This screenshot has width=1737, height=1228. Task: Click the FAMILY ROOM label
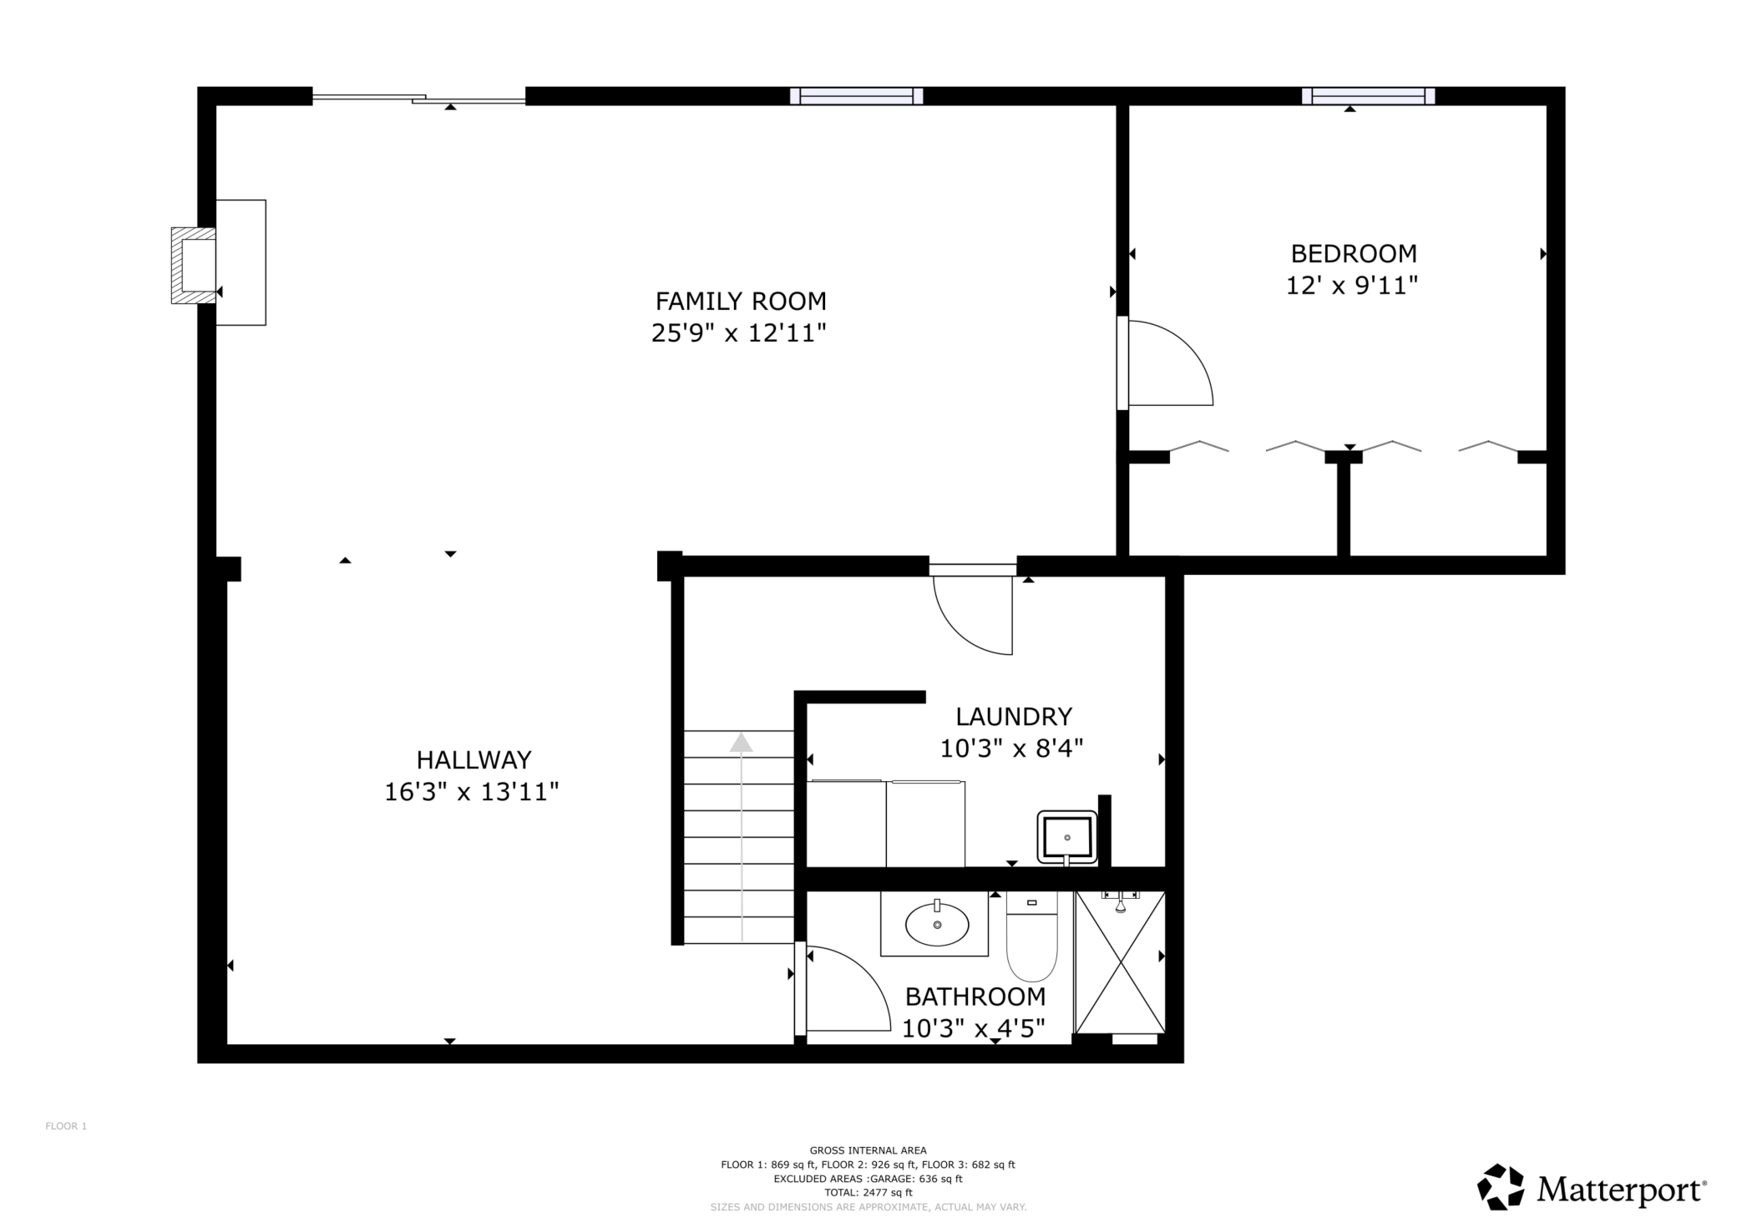(741, 301)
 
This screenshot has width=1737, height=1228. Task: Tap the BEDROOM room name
(1354, 253)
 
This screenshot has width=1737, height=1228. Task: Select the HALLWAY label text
(473, 759)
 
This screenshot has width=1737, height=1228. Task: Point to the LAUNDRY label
(1014, 716)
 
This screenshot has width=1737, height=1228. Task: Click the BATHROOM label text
(975, 997)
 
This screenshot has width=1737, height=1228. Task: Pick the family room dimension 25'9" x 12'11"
(739, 333)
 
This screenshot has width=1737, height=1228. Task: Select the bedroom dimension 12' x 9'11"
(1352, 286)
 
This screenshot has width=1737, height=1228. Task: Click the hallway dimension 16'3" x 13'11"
(471, 791)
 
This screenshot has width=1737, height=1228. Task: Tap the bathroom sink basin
(937, 924)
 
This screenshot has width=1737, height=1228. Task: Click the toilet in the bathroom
(1032, 936)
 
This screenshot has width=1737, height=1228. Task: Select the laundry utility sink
(1067, 837)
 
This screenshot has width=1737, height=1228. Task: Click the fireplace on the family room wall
(194, 265)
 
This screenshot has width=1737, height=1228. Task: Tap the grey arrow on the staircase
(742, 836)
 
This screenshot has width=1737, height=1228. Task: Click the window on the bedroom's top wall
(1368, 96)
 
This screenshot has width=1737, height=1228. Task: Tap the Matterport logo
(1592, 1187)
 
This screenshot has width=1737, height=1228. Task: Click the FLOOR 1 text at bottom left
(66, 1126)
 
